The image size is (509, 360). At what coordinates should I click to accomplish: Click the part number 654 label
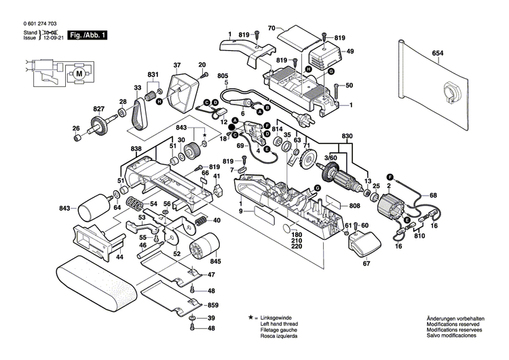click(438, 52)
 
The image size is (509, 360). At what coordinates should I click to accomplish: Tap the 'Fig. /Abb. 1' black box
click(88, 34)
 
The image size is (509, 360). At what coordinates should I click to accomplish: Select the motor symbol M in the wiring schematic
click(79, 73)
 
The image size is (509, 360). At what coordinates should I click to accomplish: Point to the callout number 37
click(177, 65)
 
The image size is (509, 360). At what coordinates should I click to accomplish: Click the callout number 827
click(99, 109)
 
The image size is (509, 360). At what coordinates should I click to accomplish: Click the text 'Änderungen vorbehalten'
click(455, 318)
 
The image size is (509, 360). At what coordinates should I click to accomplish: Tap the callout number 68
click(434, 196)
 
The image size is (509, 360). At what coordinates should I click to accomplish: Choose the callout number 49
click(351, 52)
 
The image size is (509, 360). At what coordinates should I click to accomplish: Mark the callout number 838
click(136, 148)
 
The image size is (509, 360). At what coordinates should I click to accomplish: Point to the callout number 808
click(354, 206)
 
